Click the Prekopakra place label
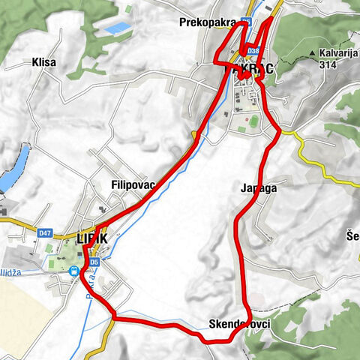(208, 22)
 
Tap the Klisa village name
(44, 63)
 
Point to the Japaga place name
(259, 188)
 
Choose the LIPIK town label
(93, 238)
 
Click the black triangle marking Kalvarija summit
(311, 54)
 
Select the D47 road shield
(46, 233)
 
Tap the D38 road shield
(253, 51)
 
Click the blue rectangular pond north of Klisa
(117, 28)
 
